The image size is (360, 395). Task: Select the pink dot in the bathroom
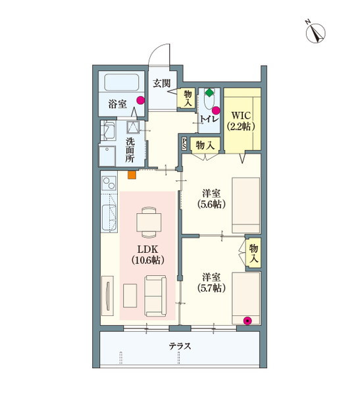[x=140, y=100]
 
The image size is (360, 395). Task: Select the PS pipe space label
[x=184, y=143]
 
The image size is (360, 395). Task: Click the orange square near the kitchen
[x=132, y=175]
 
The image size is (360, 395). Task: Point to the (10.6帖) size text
[x=148, y=260]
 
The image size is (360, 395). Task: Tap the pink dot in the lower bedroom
[x=247, y=321]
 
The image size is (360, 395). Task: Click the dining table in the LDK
[x=149, y=222]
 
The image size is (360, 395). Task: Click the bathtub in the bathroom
[x=122, y=84]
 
